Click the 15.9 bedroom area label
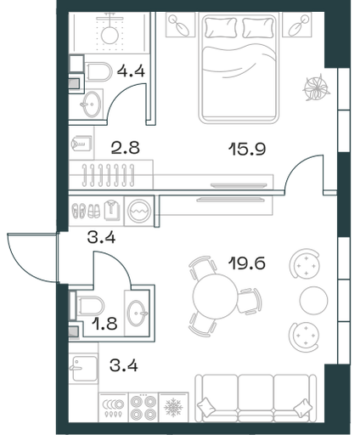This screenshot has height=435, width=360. pos(247,149)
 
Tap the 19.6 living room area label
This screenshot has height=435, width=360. pos(247,263)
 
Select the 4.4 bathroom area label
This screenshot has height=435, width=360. pos(131,71)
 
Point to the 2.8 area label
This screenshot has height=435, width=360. pos(126,148)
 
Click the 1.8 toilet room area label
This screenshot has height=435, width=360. pos(104,324)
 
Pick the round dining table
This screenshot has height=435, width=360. pos(215,297)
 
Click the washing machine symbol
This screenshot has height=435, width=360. pos(139,211)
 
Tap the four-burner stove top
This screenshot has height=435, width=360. pos(143,408)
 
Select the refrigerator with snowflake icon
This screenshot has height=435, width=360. pos(173,408)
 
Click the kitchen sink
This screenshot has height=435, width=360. pos(83,369)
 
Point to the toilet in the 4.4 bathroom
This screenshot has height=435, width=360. pos(98,72)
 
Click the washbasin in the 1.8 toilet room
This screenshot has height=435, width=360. pos(138,314)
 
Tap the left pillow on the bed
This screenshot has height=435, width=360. pos(221,27)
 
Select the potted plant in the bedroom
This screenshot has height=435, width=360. pos(316,88)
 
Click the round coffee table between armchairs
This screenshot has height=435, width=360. pos(313,300)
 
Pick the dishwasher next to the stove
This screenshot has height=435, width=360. pos(114,408)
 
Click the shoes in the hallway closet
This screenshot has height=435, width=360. pos(86,211)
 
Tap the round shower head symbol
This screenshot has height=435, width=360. pos(110,35)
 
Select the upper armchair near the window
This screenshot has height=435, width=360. pos(305,263)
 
